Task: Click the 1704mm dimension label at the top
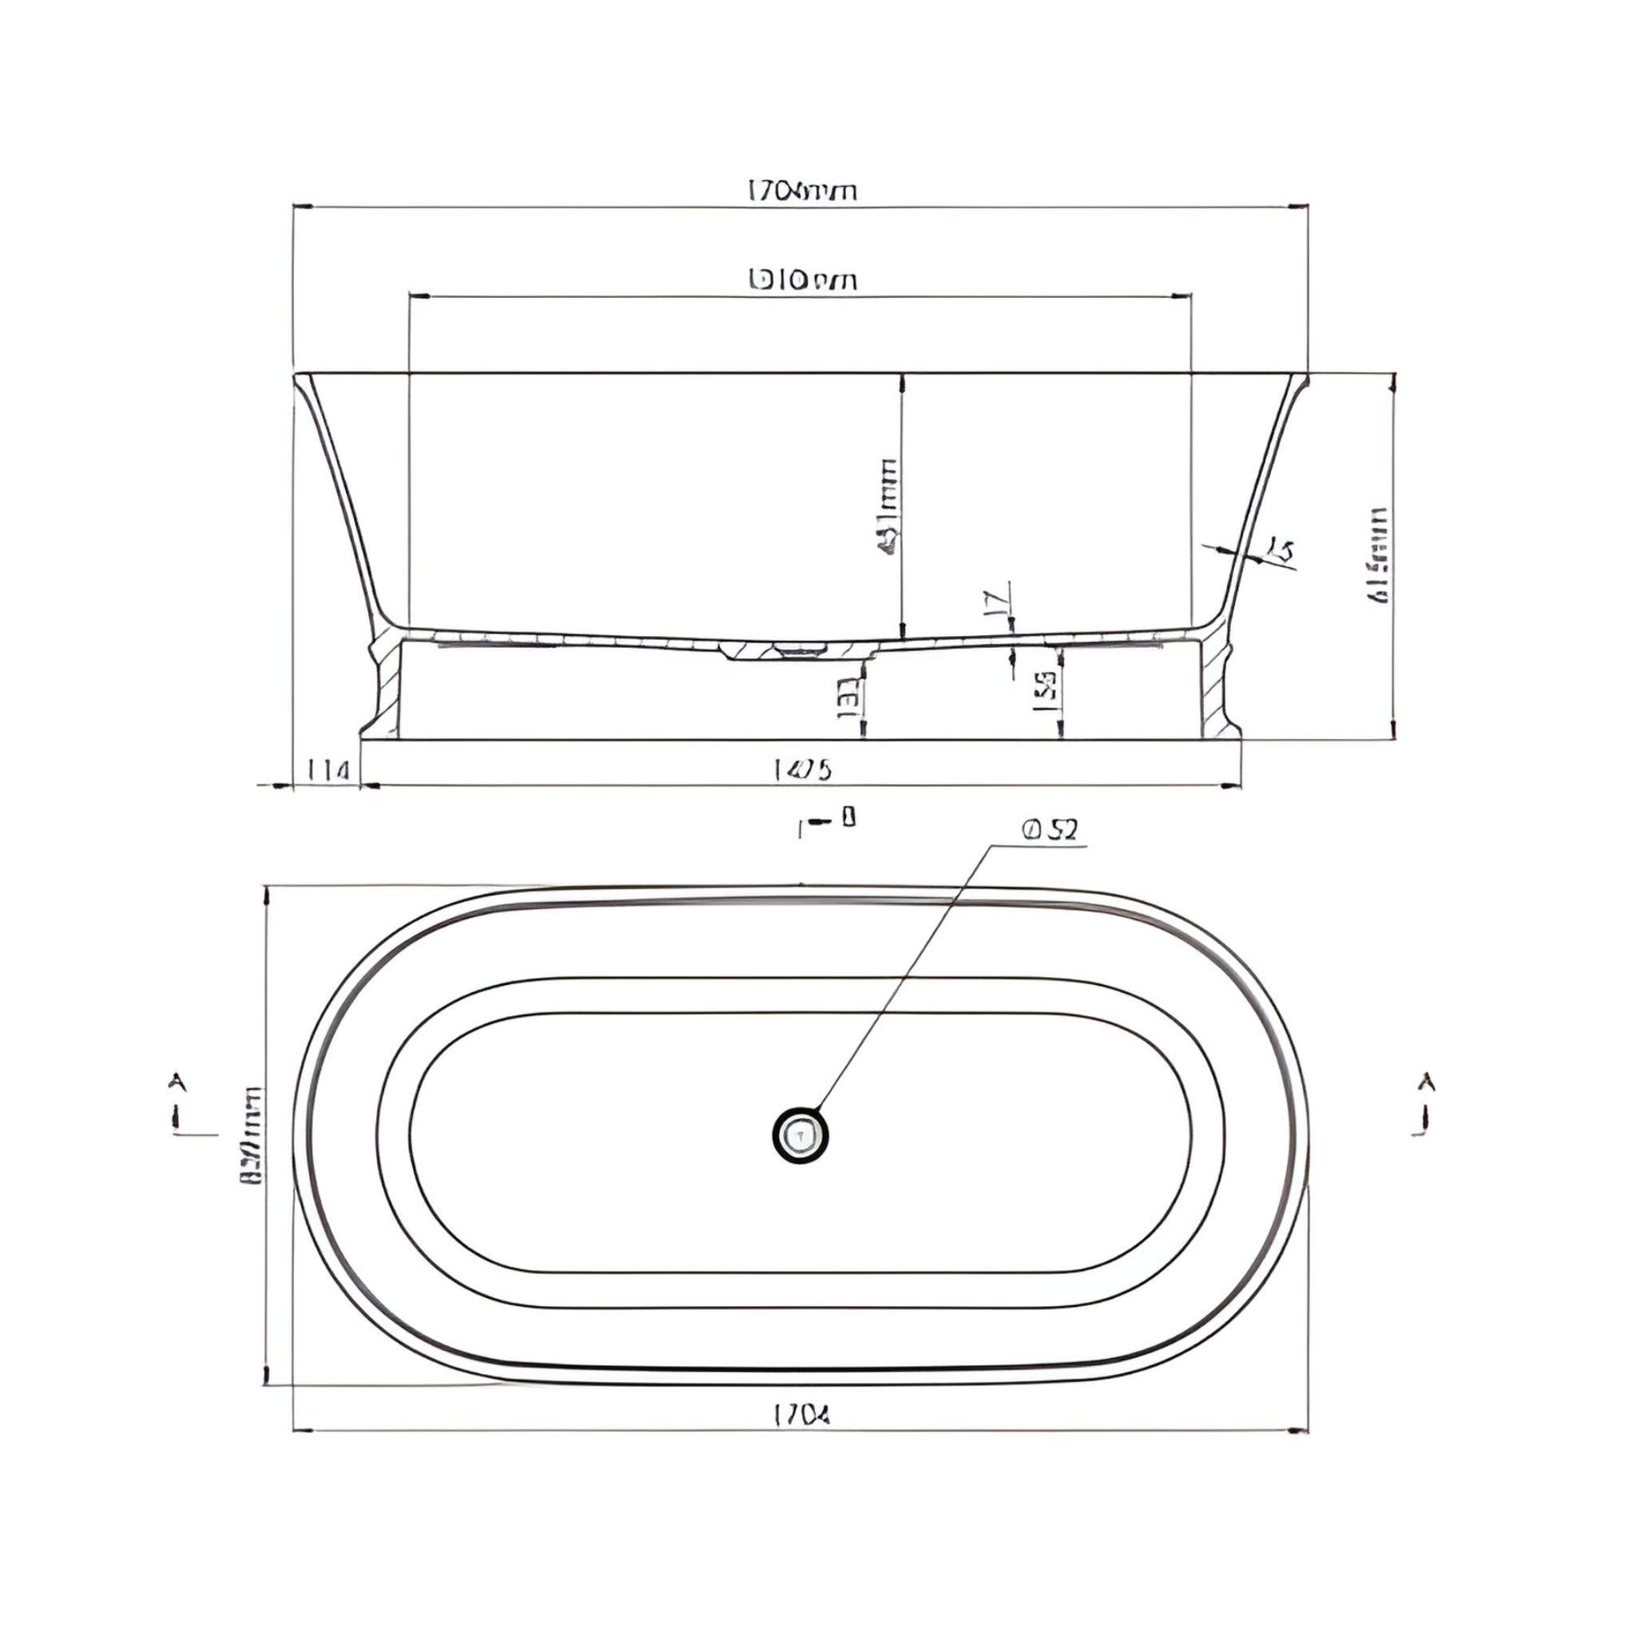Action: point(801,193)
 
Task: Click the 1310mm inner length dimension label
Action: point(803,280)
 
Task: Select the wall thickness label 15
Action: point(1281,552)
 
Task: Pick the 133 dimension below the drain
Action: point(849,697)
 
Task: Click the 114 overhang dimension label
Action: point(328,771)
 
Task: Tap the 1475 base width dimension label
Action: point(803,770)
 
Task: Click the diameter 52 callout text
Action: point(1051,831)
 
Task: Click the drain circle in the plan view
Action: point(800,1134)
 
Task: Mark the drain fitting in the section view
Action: point(798,650)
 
